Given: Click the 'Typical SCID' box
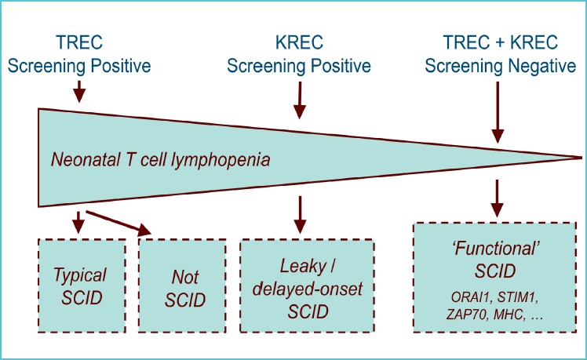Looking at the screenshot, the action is point(82,286).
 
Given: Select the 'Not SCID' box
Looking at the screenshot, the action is point(182,286).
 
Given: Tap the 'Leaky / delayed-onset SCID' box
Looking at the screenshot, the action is point(307,286).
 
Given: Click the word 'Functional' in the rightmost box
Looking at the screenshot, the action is point(496,249).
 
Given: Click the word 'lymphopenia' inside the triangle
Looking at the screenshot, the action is point(221,161).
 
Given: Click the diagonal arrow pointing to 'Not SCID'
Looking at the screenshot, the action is point(118,224).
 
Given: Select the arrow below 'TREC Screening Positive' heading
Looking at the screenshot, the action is point(79,91).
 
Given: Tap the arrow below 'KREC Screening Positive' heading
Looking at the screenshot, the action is point(300,100).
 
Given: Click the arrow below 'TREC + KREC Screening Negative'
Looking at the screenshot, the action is point(498,112).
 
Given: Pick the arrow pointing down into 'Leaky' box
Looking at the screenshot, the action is point(300,215).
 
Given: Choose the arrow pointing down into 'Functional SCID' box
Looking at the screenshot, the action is point(497,198).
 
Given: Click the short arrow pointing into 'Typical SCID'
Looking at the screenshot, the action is point(78,222).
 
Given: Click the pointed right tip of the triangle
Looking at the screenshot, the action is point(582,158).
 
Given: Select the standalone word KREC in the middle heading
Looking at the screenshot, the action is point(299,42).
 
